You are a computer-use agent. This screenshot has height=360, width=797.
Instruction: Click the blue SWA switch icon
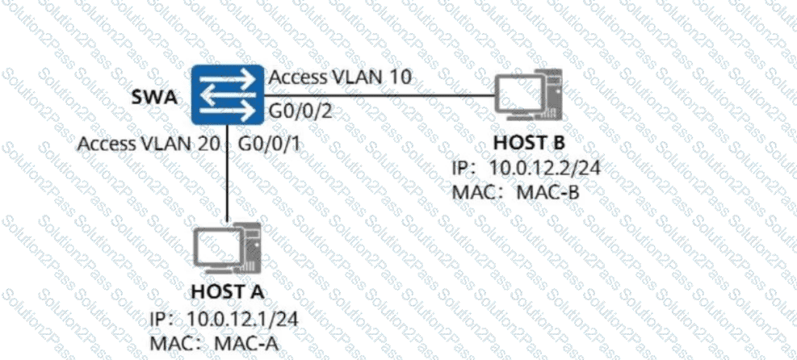point(229,96)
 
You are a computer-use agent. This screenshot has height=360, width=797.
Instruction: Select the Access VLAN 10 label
point(340,77)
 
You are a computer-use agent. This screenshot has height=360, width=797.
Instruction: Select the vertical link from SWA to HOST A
point(229,178)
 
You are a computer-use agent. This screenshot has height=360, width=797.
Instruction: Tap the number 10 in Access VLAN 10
point(401,77)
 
